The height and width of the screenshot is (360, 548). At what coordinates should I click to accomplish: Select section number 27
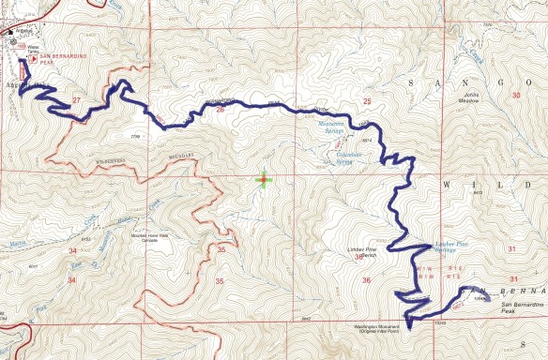point(77,98)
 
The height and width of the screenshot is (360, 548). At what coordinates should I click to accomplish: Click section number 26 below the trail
point(220,110)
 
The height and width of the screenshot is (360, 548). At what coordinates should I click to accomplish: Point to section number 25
point(367,100)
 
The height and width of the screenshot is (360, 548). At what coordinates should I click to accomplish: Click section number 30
point(515,96)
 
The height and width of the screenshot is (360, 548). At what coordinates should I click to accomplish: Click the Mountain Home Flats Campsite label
point(151,236)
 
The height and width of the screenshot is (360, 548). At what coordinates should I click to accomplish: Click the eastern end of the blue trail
point(489,298)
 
